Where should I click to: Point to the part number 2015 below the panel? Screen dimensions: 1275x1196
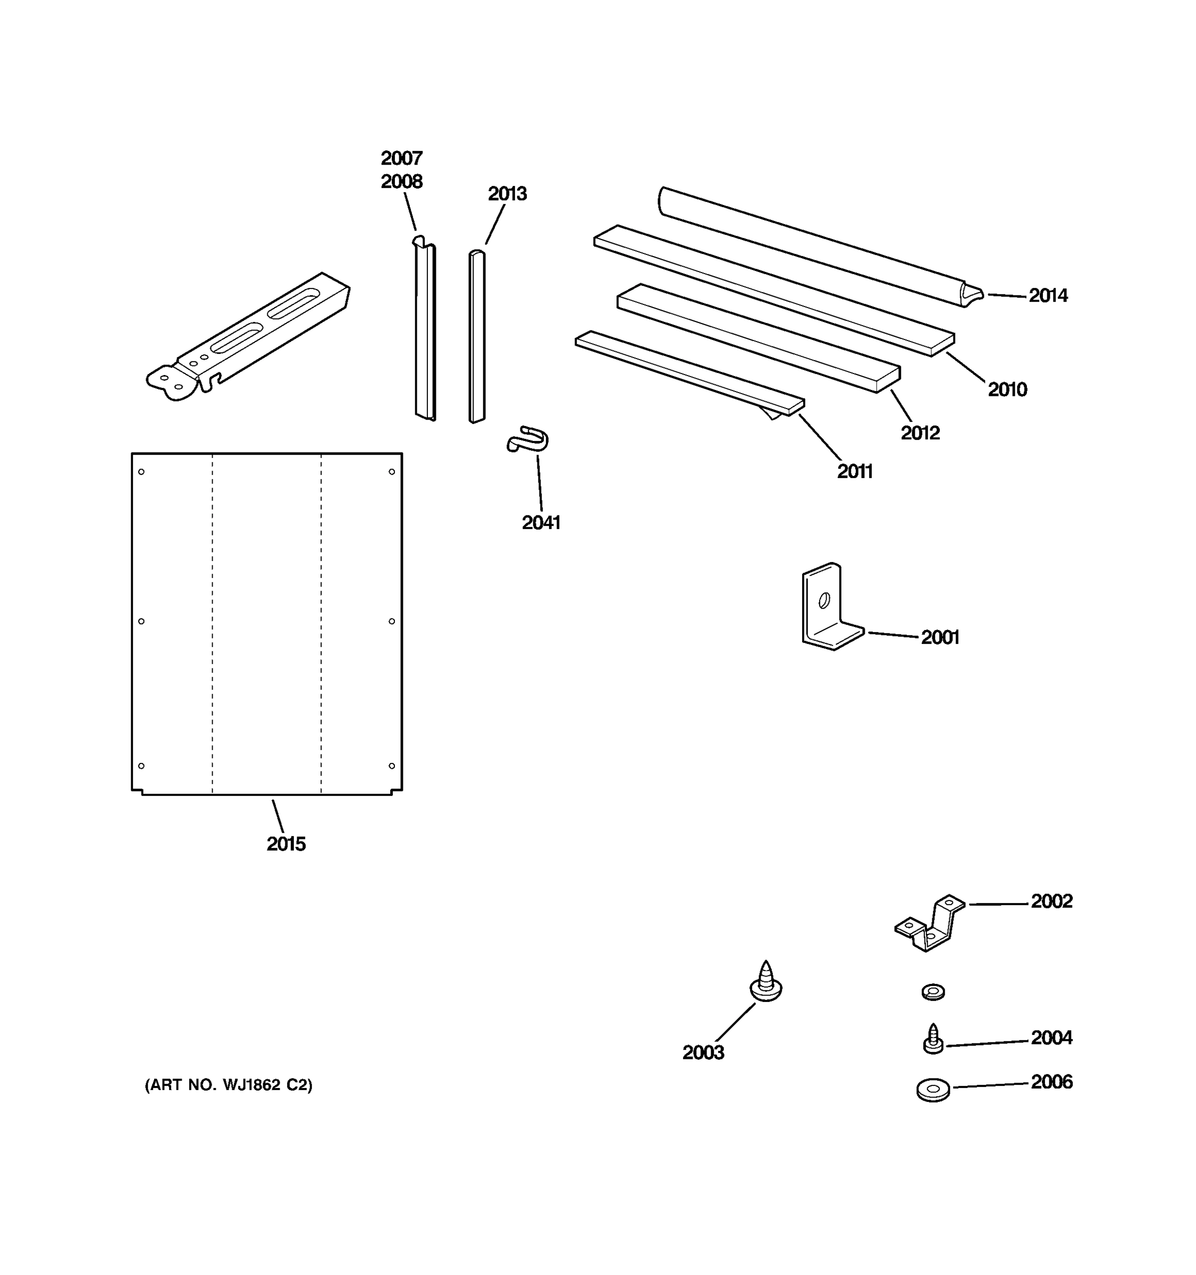click(x=285, y=844)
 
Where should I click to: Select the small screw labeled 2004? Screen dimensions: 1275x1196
click(x=932, y=1040)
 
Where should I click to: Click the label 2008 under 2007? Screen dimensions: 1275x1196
click(x=402, y=182)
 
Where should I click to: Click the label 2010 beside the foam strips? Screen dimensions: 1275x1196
click(x=1007, y=389)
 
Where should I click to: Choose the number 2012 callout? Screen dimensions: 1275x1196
click(x=920, y=433)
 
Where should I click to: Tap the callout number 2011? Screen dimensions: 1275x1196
click(x=854, y=471)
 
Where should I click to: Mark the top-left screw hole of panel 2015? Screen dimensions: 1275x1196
click(x=141, y=472)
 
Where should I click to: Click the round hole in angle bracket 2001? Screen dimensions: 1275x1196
click(x=824, y=600)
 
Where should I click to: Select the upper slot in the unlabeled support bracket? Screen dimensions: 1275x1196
click(x=293, y=303)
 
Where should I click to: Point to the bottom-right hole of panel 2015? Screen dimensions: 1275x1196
click(x=391, y=766)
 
